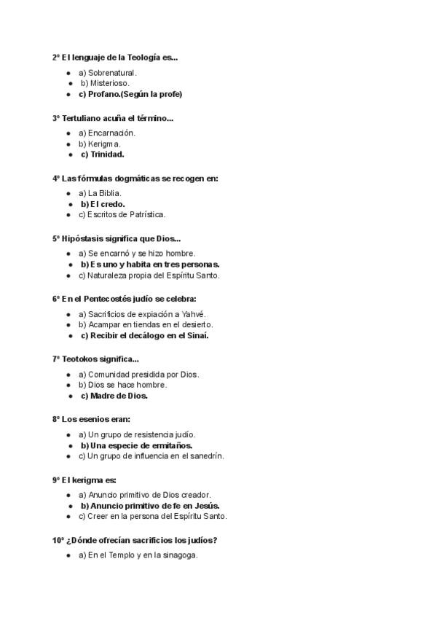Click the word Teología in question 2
[x=144, y=57]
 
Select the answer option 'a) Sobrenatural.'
[x=107, y=73]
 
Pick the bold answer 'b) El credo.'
[x=103, y=204]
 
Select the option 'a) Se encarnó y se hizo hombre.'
[x=136, y=254]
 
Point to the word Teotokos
[x=83, y=359]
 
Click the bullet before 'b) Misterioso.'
[x=70, y=84]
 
